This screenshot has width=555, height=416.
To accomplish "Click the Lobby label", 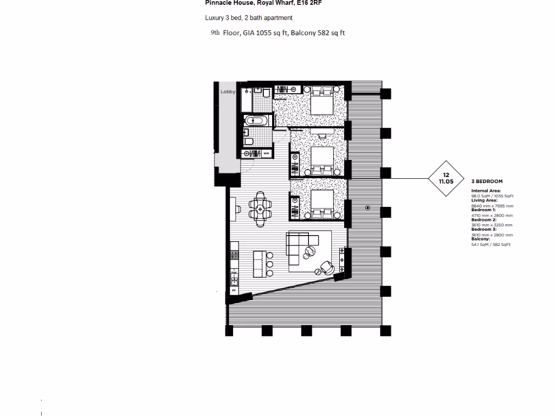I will (228, 92).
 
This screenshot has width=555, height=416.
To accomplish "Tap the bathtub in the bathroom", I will (255, 121).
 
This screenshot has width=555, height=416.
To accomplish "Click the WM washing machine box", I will (266, 154).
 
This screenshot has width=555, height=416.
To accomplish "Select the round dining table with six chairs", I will (260, 208).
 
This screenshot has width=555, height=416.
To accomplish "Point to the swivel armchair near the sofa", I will (326, 266).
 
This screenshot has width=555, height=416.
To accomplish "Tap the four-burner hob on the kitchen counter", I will (235, 254).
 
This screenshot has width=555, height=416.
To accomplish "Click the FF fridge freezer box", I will (234, 290).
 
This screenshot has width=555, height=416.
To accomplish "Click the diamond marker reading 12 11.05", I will (446, 178).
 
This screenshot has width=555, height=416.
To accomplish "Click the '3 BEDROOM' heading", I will (487, 181).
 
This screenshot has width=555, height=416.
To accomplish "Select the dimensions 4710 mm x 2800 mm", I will (492, 216).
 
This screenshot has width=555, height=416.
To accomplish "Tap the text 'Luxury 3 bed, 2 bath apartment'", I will (248, 18).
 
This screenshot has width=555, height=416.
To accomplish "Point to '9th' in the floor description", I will (215, 32).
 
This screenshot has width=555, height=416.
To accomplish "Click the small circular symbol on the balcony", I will (368, 207).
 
